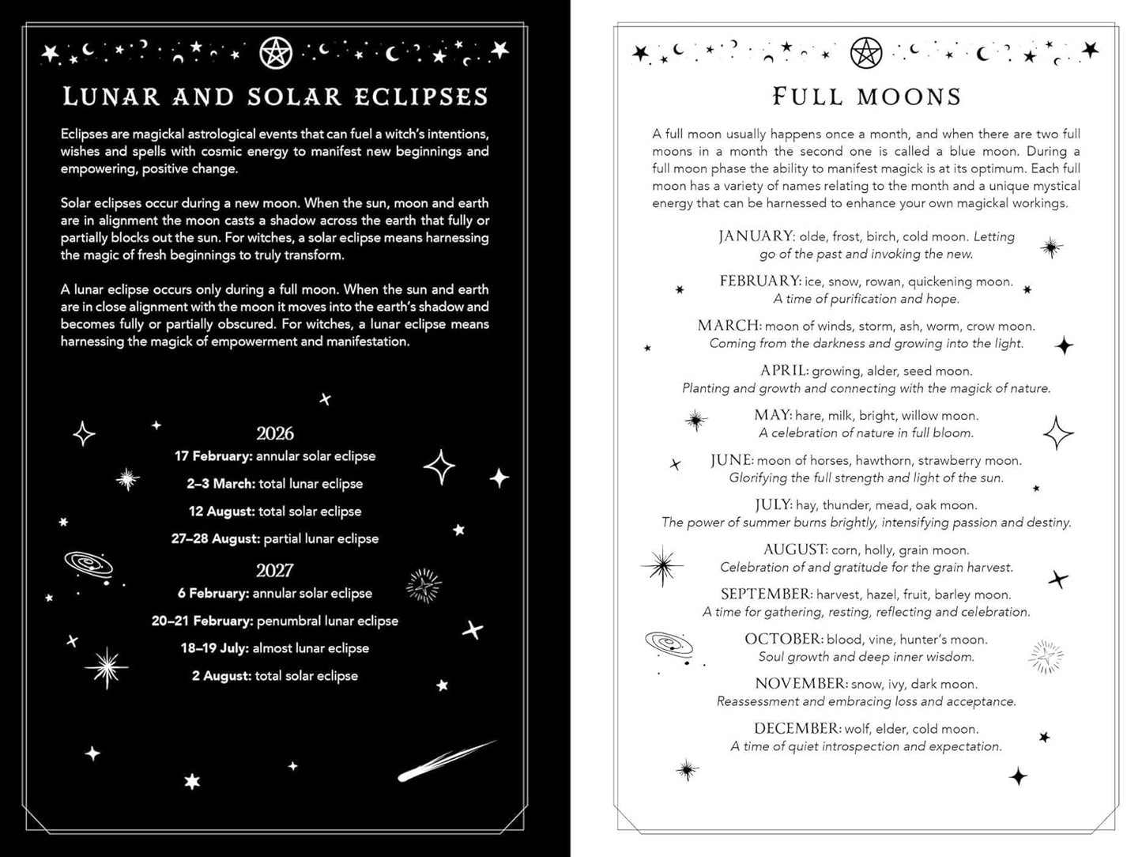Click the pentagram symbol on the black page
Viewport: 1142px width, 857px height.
(x=276, y=53)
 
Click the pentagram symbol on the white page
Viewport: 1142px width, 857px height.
(x=866, y=53)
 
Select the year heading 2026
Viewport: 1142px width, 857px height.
(x=275, y=433)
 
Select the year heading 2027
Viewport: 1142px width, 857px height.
(x=275, y=570)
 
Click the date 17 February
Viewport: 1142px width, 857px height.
(x=213, y=456)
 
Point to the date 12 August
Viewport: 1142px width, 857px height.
(x=221, y=512)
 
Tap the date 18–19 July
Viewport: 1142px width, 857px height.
(x=214, y=648)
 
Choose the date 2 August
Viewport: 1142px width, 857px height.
(x=221, y=676)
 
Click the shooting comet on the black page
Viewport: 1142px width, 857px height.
(x=446, y=761)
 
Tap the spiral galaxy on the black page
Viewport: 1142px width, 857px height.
(x=89, y=565)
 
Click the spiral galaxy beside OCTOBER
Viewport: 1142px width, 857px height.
(x=669, y=644)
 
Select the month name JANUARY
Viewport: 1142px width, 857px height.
(x=756, y=236)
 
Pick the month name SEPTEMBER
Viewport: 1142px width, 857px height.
(x=766, y=594)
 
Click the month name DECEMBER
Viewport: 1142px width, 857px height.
(x=797, y=728)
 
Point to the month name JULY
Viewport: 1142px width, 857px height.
(x=773, y=504)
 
